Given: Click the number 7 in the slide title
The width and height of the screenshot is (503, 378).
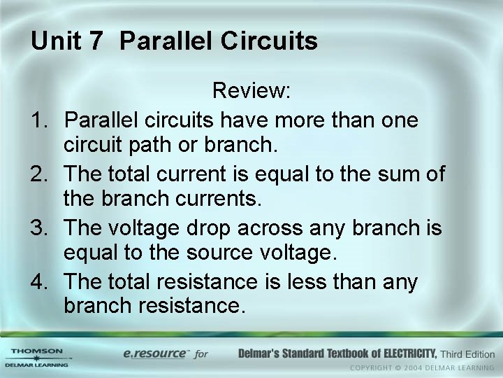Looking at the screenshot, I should pos(95,41).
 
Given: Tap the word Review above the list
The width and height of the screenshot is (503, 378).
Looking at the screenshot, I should pos(251,90).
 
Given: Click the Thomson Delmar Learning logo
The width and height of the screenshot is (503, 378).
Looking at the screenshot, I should pos(36,356).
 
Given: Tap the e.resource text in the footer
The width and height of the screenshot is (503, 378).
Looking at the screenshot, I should pos(156,353).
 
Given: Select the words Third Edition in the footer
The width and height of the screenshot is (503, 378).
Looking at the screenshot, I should pos(468,353).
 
